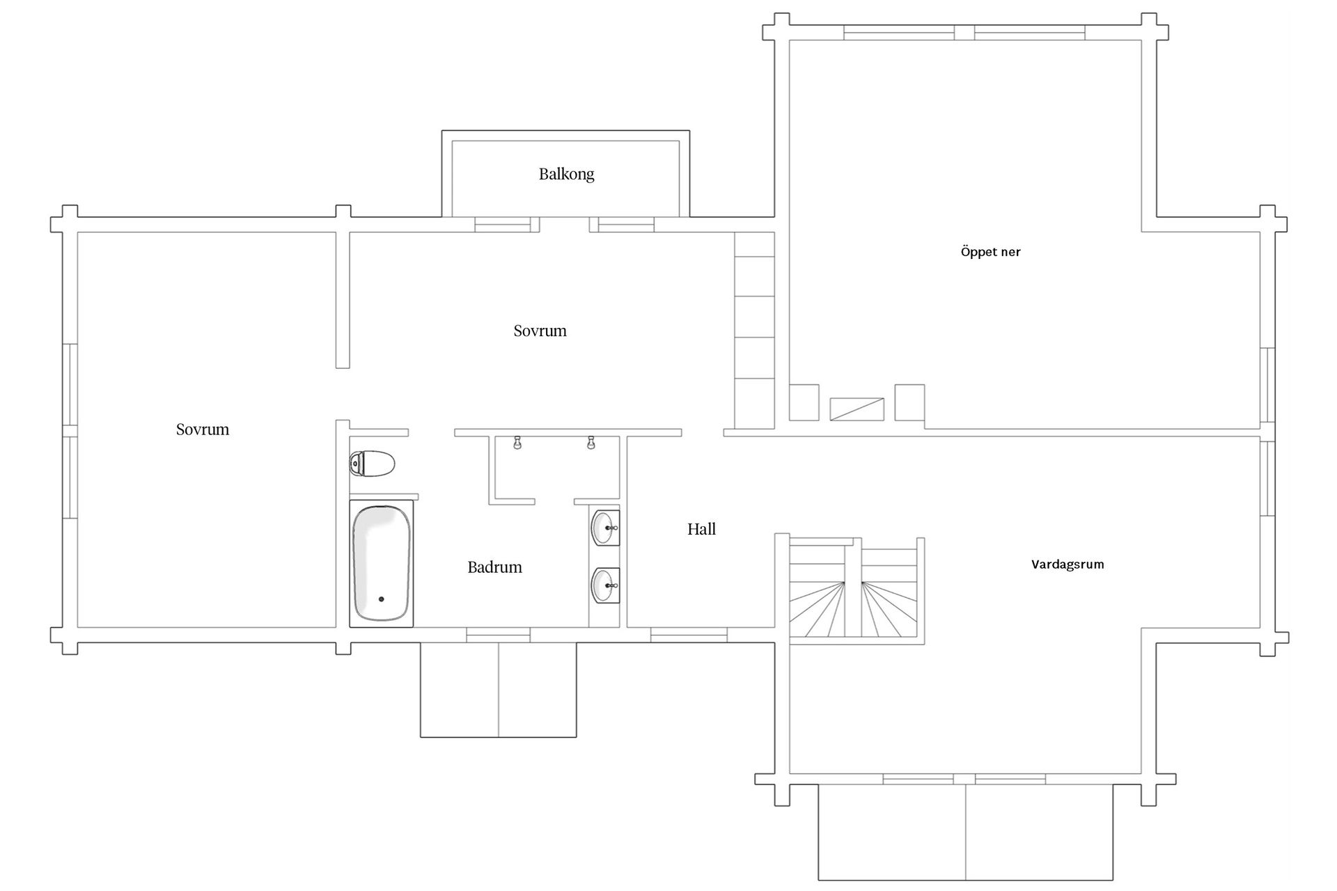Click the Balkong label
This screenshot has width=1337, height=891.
[x=566, y=174]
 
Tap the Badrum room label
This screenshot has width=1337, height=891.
[x=494, y=567]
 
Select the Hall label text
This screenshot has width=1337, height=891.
[x=701, y=529]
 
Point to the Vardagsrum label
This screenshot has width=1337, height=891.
[x=1068, y=565]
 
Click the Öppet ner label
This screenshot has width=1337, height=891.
[x=990, y=252]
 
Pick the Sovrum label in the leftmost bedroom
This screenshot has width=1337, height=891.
[x=203, y=429]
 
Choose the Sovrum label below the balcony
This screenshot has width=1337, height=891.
[x=540, y=331]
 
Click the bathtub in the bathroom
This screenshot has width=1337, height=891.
[x=381, y=563]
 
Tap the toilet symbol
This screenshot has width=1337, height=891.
[x=372, y=463]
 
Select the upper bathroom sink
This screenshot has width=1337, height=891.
[x=605, y=528]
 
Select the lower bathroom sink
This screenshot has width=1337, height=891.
[x=605, y=585]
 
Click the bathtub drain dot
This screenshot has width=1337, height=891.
[x=381, y=599]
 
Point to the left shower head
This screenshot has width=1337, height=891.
[x=517, y=443]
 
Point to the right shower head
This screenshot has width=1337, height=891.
[x=591, y=443]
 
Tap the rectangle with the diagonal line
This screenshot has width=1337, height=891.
[x=857, y=409]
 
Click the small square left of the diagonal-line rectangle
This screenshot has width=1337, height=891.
[x=804, y=402]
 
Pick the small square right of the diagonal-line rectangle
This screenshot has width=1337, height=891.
[x=909, y=402]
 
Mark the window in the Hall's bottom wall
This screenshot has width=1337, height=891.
[x=689, y=634]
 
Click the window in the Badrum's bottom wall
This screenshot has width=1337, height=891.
[x=498, y=634]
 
